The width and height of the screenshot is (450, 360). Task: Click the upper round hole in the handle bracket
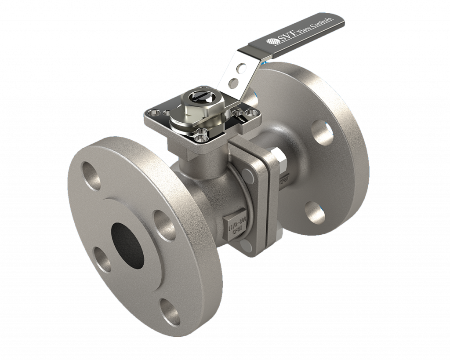tap(240, 68)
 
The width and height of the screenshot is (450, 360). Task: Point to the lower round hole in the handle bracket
tap(235, 81)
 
